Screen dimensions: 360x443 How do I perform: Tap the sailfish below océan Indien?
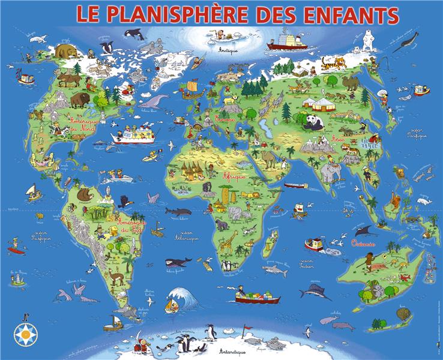pyautogui.click(x=316, y=293)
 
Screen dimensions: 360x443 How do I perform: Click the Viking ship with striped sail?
pyautogui.click(x=191, y=89)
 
